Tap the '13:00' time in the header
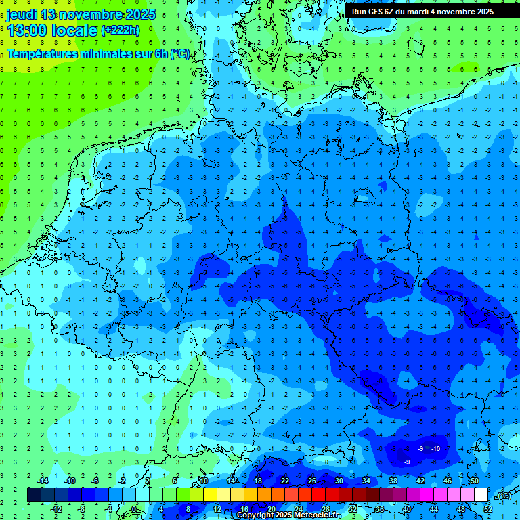click(x=28, y=30)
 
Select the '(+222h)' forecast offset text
click(x=120, y=30)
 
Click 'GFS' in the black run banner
click(x=375, y=12)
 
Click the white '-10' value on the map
click(x=435, y=449)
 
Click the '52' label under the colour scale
click(x=488, y=508)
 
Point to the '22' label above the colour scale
click(x=285, y=481)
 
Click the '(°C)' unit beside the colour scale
click(x=504, y=496)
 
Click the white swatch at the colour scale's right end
click(x=481, y=494)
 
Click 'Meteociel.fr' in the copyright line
click(x=317, y=515)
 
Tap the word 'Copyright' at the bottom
click(x=256, y=515)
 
